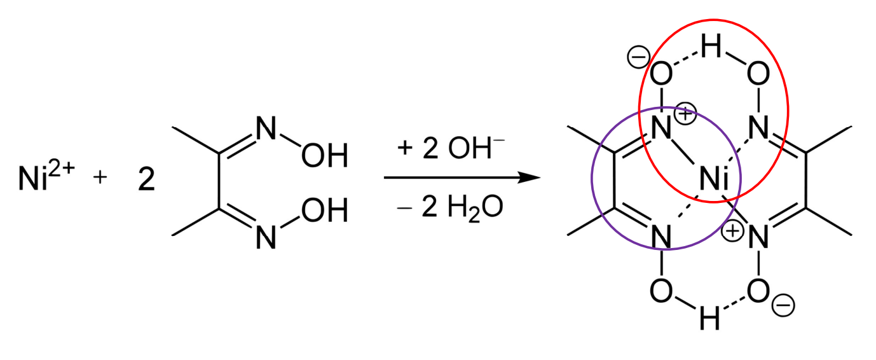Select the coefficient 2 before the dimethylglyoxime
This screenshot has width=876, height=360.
point(146,181)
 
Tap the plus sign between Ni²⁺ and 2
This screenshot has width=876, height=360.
point(100,179)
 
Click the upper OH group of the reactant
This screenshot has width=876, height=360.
point(325,156)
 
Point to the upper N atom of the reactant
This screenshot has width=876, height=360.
point(265,130)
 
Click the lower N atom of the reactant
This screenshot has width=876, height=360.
point(265,239)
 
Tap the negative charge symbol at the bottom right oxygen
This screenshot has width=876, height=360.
point(782,306)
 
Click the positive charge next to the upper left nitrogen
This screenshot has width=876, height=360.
point(688,115)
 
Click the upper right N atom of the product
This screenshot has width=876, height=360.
point(757,130)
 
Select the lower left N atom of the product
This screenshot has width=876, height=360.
point(661,239)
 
